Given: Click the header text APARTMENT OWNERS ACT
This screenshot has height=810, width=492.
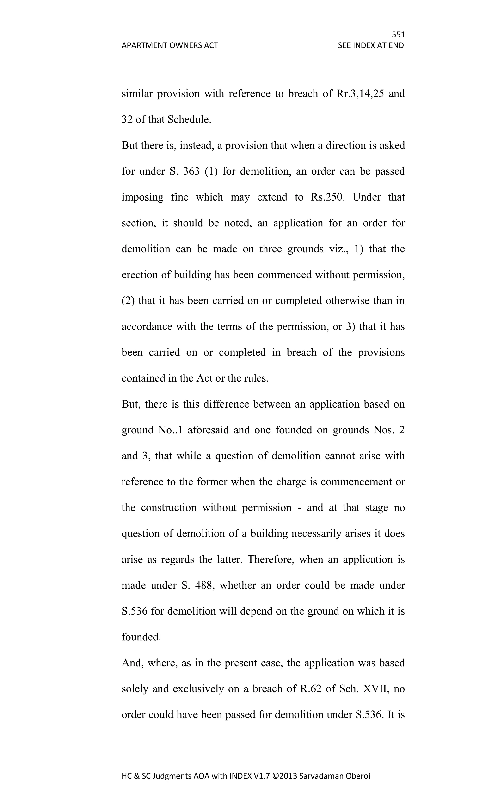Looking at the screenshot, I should pyautogui.click(x=170, y=45).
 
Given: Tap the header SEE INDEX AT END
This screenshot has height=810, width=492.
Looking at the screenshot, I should pyautogui.click(x=371, y=45).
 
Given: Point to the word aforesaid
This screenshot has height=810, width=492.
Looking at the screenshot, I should pyautogui.click(x=208, y=430).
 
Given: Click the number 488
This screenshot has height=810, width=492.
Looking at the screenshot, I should pyautogui.click(x=205, y=585).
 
